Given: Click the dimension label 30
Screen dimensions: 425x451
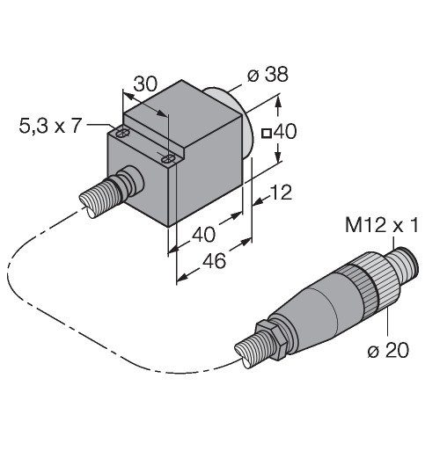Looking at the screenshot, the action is [145, 84].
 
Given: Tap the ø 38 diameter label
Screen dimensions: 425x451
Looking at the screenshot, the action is [267, 75].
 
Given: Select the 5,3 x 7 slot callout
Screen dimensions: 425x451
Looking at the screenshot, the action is [49, 127].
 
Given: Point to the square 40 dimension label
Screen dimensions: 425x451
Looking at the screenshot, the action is [279, 132].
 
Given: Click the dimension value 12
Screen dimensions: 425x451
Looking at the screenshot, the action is [281, 193].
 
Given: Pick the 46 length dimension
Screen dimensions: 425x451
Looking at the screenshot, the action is [215, 261].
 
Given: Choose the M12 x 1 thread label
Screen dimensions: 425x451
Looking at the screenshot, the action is [381, 226].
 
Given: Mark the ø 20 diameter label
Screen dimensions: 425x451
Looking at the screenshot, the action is [388, 350].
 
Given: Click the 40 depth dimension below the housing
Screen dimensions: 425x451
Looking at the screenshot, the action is [204, 235].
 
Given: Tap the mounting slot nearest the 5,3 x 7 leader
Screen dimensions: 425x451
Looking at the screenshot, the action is [123, 134].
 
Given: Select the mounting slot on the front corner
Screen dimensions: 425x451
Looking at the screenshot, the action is [168, 159].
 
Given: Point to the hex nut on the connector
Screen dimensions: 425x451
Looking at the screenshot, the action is [270, 340].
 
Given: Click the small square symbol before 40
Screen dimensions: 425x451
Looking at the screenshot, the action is [267, 134].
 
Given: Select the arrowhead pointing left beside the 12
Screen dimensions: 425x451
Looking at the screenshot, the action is [258, 201].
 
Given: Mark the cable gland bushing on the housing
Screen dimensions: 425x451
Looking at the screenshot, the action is [130, 182].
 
